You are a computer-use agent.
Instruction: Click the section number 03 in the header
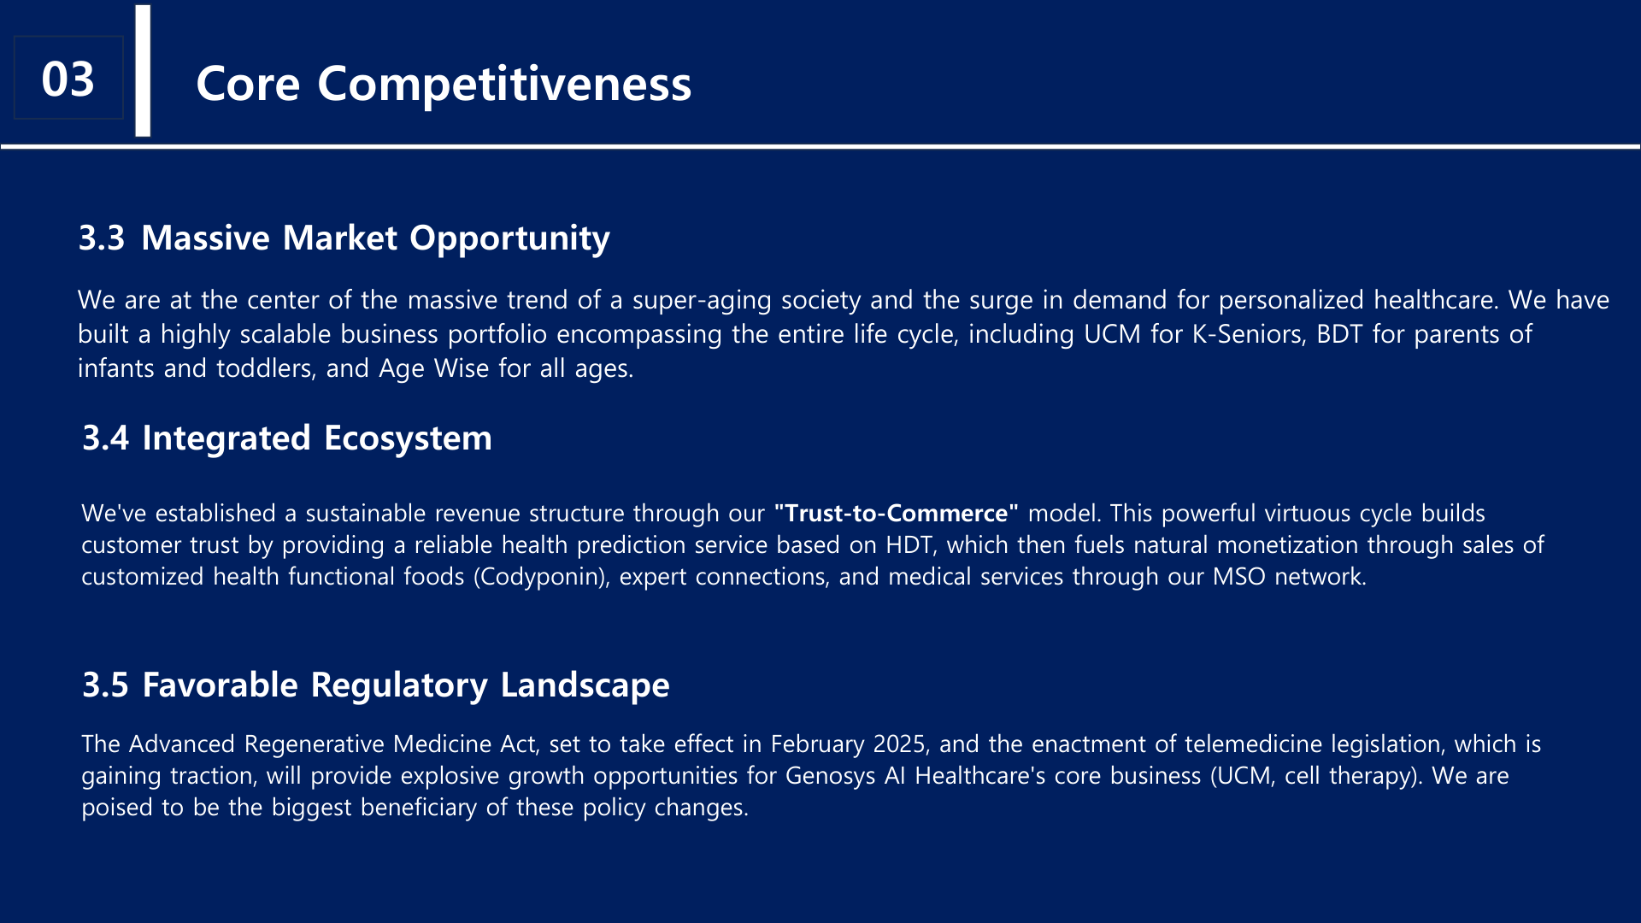click(68, 79)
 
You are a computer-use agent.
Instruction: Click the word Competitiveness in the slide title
click(504, 85)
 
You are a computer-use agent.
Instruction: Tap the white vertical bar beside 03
click(143, 71)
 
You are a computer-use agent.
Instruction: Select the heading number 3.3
click(102, 238)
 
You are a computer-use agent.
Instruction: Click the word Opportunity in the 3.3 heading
click(509, 239)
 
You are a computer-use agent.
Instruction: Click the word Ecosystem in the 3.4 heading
click(408, 439)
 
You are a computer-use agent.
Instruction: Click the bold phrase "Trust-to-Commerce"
click(896, 513)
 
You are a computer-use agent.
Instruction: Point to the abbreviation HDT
click(909, 545)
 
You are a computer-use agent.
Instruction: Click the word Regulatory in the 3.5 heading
click(399, 686)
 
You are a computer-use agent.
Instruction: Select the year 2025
click(899, 744)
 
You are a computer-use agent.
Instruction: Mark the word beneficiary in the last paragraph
click(419, 808)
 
